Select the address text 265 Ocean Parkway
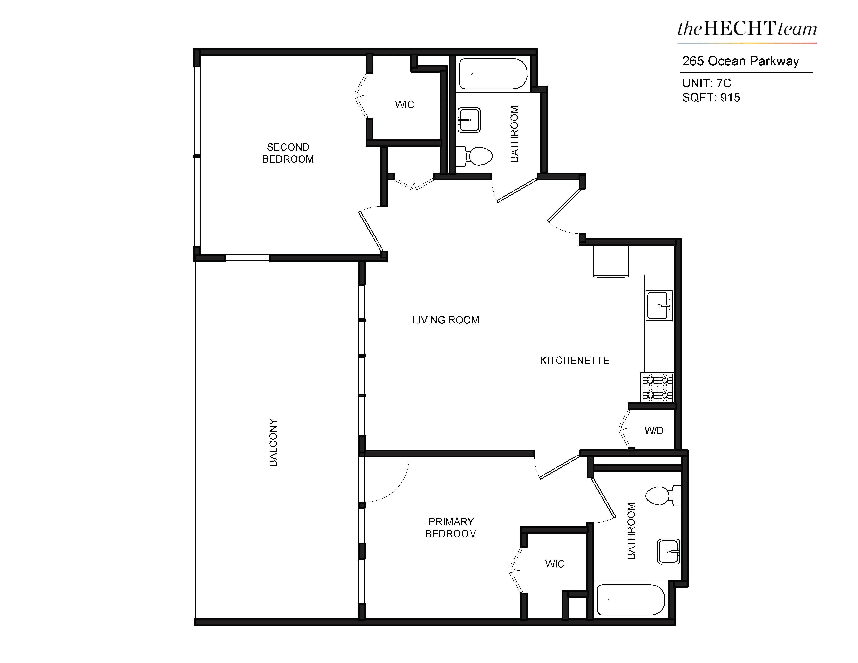tap(740, 61)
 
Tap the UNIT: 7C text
tap(706, 83)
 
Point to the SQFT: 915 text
tap(711, 97)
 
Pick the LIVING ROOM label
tap(445, 320)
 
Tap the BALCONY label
tap(273, 442)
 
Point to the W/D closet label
tap(654, 431)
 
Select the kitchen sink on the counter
tap(659, 305)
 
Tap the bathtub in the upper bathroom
tap(493, 74)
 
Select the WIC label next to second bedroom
tap(404, 104)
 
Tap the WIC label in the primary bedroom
tap(554, 564)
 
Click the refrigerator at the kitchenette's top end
tap(610, 261)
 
